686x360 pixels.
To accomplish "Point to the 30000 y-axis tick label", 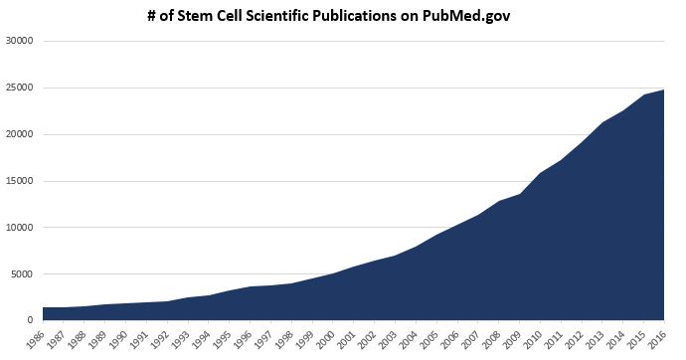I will [x=20, y=42].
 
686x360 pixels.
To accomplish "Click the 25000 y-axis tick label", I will [x=20, y=89].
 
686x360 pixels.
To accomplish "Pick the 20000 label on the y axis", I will [x=20, y=135].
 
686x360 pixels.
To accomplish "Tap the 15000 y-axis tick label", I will [x=20, y=181].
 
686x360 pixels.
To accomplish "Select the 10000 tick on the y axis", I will [x=20, y=228].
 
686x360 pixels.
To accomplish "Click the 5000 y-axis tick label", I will [x=23, y=274].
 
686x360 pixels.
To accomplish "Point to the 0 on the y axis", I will [x=31, y=320].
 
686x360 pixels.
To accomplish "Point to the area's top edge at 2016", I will [x=663, y=90].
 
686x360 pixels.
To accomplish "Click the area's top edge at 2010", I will [x=539, y=174].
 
